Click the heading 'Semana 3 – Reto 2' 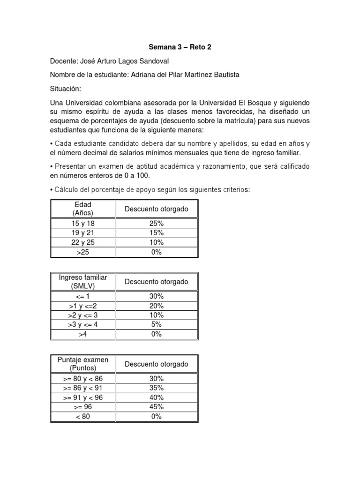tap(180, 47)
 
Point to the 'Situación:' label tap(66, 89)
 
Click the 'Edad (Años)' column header tap(83, 209)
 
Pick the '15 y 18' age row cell tap(83, 224)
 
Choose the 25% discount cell tap(157, 224)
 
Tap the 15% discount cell tap(157, 233)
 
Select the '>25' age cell tap(83, 252)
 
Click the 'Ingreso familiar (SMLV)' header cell tap(83, 282)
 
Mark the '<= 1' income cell tap(83, 296)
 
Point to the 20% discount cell tap(157, 306)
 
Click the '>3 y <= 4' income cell tap(83, 324)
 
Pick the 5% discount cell tap(157, 324)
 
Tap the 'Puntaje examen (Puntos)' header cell tap(83, 364)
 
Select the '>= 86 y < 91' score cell tap(83, 388)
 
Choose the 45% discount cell tap(157, 407)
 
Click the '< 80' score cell tap(83, 416)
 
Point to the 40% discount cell tap(157, 397)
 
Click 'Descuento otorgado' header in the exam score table tap(157, 364)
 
